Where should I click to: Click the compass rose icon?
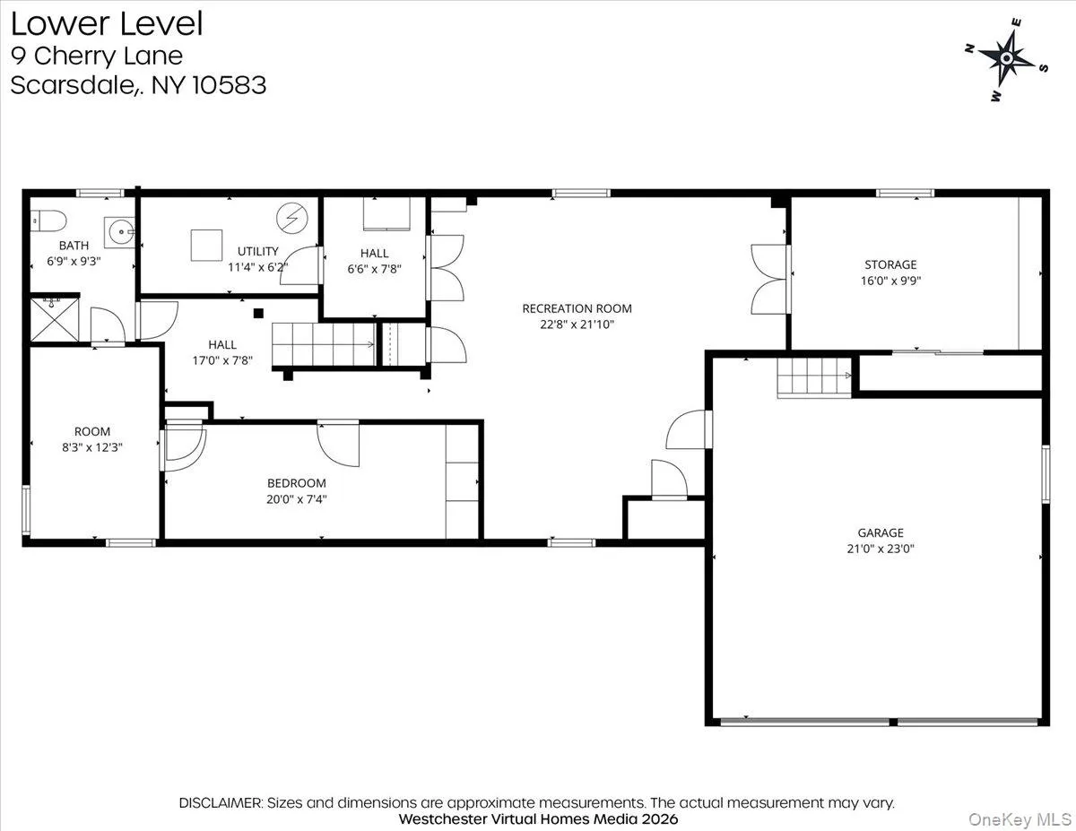[x=1006, y=58]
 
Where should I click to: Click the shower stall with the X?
[x=53, y=319]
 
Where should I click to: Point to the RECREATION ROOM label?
[x=570, y=308]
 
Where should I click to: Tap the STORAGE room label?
[x=890, y=264]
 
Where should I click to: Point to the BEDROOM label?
[x=296, y=483]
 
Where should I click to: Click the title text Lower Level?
[x=107, y=24]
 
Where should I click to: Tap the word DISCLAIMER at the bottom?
[x=220, y=802]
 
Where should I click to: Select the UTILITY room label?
[x=258, y=251]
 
